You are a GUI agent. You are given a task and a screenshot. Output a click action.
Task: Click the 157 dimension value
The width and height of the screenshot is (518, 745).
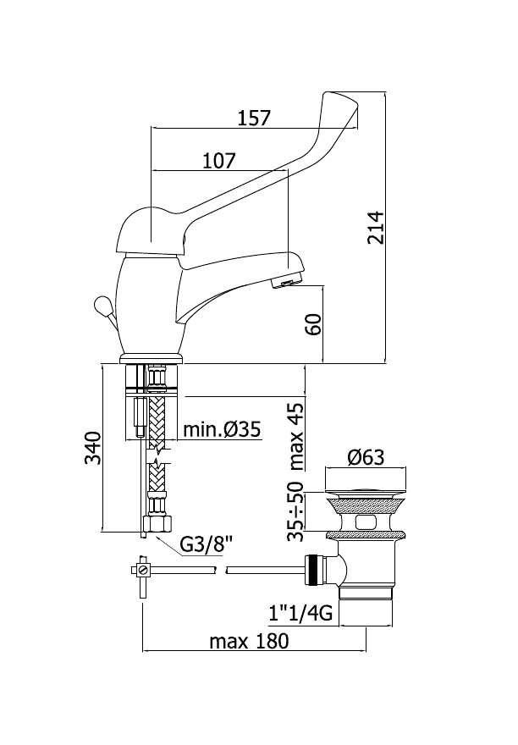click(254, 118)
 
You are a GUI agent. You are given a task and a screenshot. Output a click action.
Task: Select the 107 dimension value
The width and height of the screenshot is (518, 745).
click(219, 161)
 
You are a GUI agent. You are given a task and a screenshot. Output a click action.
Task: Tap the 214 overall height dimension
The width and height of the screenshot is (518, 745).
click(376, 227)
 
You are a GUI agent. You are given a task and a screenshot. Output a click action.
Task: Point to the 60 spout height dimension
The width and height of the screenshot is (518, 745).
click(314, 324)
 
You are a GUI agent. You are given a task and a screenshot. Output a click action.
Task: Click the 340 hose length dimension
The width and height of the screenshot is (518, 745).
click(93, 448)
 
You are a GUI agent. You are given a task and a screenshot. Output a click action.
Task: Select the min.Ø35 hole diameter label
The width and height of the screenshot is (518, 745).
click(222, 429)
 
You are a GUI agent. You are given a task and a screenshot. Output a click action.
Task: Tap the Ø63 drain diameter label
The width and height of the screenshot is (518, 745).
click(366, 457)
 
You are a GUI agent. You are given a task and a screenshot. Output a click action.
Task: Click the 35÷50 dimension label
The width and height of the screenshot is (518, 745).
click(295, 511)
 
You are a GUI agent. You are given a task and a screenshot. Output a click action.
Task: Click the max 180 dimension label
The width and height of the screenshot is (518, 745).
click(249, 641)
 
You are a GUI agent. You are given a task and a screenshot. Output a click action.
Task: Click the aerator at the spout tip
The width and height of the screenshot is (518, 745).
click(286, 283)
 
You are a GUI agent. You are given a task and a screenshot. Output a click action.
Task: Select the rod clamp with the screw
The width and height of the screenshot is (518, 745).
click(141, 570)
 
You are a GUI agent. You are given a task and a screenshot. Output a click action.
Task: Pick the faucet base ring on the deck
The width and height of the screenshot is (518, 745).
click(152, 358)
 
